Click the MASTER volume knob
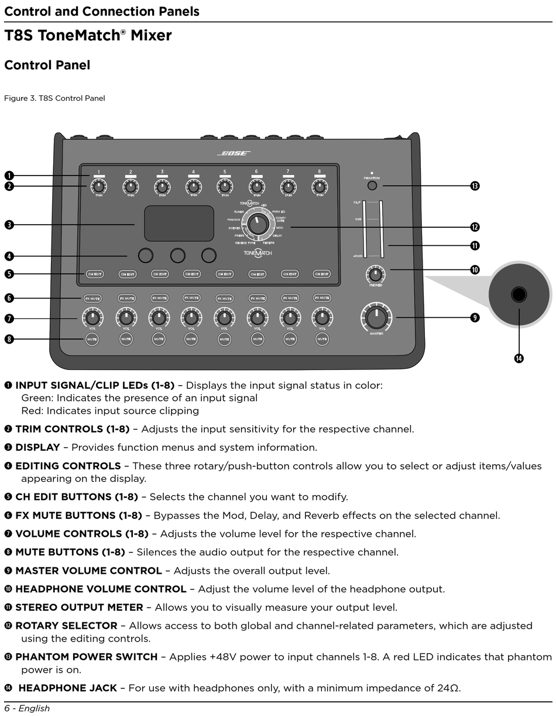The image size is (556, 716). click(376, 317)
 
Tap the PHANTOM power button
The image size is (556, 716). click(372, 186)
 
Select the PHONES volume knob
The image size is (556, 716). click(375, 274)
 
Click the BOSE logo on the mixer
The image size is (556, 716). click(234, 153)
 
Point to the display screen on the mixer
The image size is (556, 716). click(179, 223)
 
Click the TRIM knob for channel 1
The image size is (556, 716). click(98, 187)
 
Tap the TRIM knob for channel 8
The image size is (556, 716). click(319, 187)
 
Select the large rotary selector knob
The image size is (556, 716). click(256, 223)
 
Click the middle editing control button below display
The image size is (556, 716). click(178, 255)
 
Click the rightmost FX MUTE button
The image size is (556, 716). click(322, 298)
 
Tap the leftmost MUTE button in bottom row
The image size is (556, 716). click(92, 339)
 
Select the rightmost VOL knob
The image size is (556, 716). click(322, 318)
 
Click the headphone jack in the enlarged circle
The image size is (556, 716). click(519, 294)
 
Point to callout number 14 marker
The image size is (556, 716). click(519, 359)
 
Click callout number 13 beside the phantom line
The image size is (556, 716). click(475, 186)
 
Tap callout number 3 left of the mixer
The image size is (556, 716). click(9, 224)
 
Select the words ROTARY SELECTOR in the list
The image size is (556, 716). click(66, 626)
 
